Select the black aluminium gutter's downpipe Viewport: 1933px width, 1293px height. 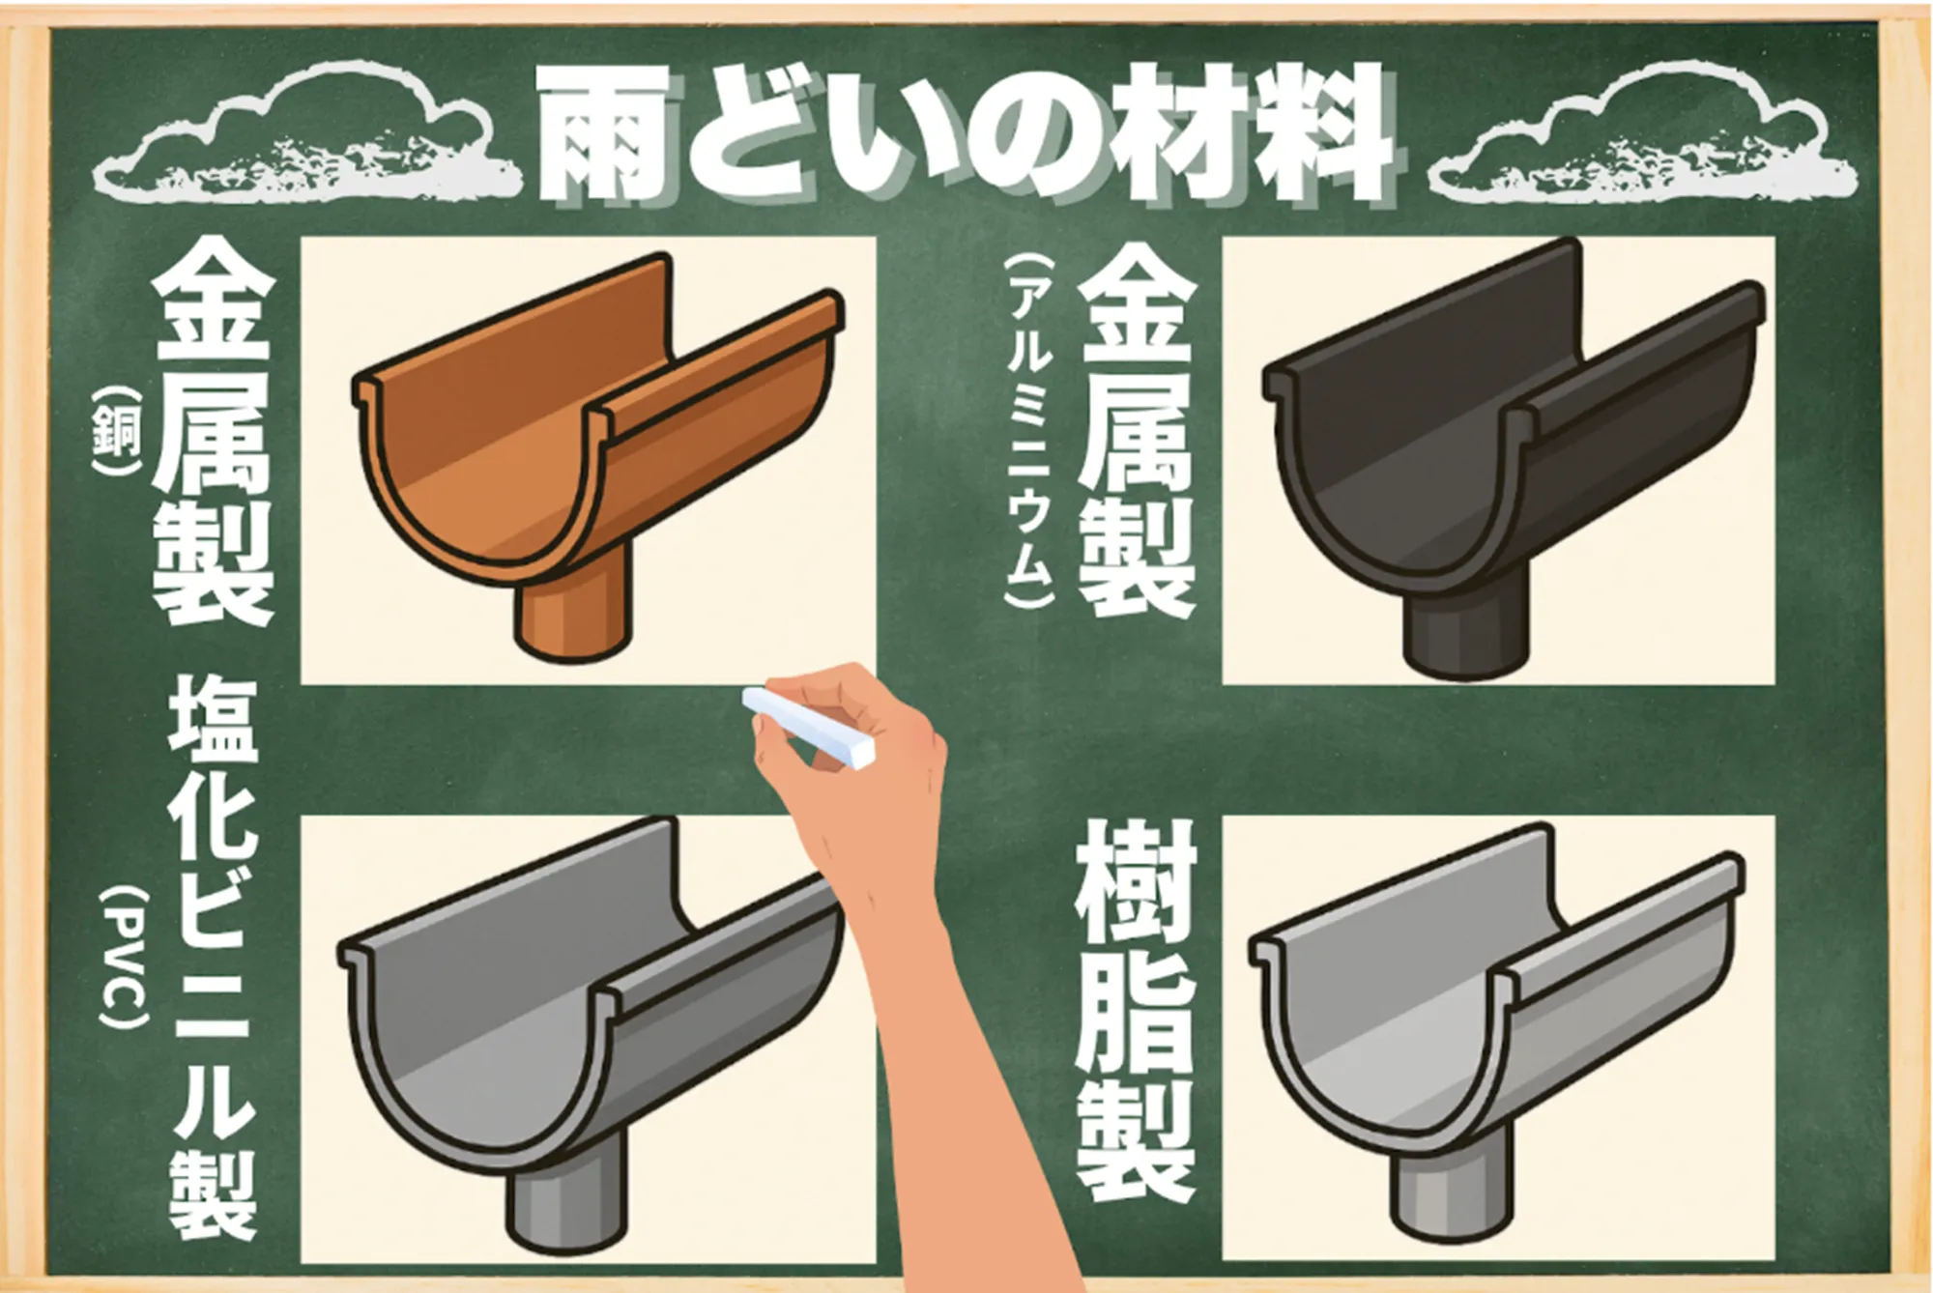[x=1465, y=628]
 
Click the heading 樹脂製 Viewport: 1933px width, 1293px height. [x=1137, y=1011]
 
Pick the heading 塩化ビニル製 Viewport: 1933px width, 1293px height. [x=214, y=958]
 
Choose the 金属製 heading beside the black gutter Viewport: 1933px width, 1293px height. [x=1137, y=430]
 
